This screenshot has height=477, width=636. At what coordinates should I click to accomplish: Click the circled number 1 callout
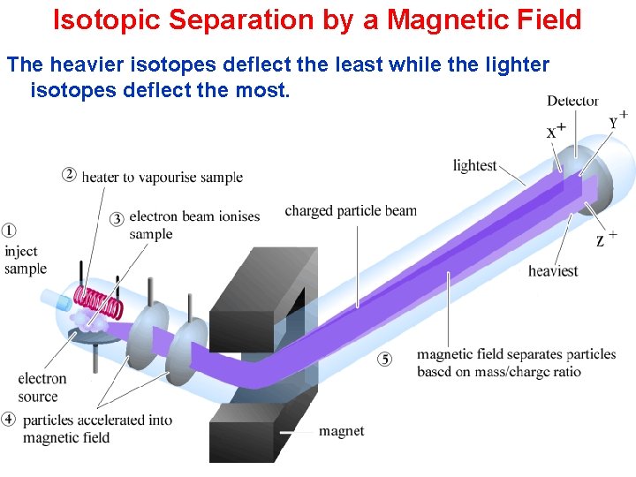tap(9, 231)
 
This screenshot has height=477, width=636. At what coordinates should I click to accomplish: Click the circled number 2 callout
tap(69, 174)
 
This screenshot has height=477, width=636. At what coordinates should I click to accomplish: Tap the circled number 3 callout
tap(117, 218)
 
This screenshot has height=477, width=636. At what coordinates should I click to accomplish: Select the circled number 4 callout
tap(9, 419)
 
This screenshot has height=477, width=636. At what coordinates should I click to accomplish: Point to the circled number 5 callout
tap(384, 359)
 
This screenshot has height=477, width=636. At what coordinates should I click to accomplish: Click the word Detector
tap(572, 101)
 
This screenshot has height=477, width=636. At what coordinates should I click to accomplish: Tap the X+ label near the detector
tap(556, 132)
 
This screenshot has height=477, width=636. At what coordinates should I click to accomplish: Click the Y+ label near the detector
tap(617, 121)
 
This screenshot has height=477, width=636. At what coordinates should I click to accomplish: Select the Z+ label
tap(604, 238)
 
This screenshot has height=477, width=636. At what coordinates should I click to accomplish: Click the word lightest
tap(474, 166)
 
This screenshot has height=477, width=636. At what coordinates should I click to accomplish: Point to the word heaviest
tap(553, 270)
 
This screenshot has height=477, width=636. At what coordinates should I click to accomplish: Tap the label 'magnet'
tap(341, 431)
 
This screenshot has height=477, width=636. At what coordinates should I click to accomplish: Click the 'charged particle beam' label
tap(350, 211)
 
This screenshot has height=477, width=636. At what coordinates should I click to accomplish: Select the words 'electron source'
tap(42, 388)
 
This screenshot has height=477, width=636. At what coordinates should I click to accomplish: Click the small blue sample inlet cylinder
tap(63, 303)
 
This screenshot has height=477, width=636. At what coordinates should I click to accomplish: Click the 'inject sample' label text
tap(25, 260)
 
